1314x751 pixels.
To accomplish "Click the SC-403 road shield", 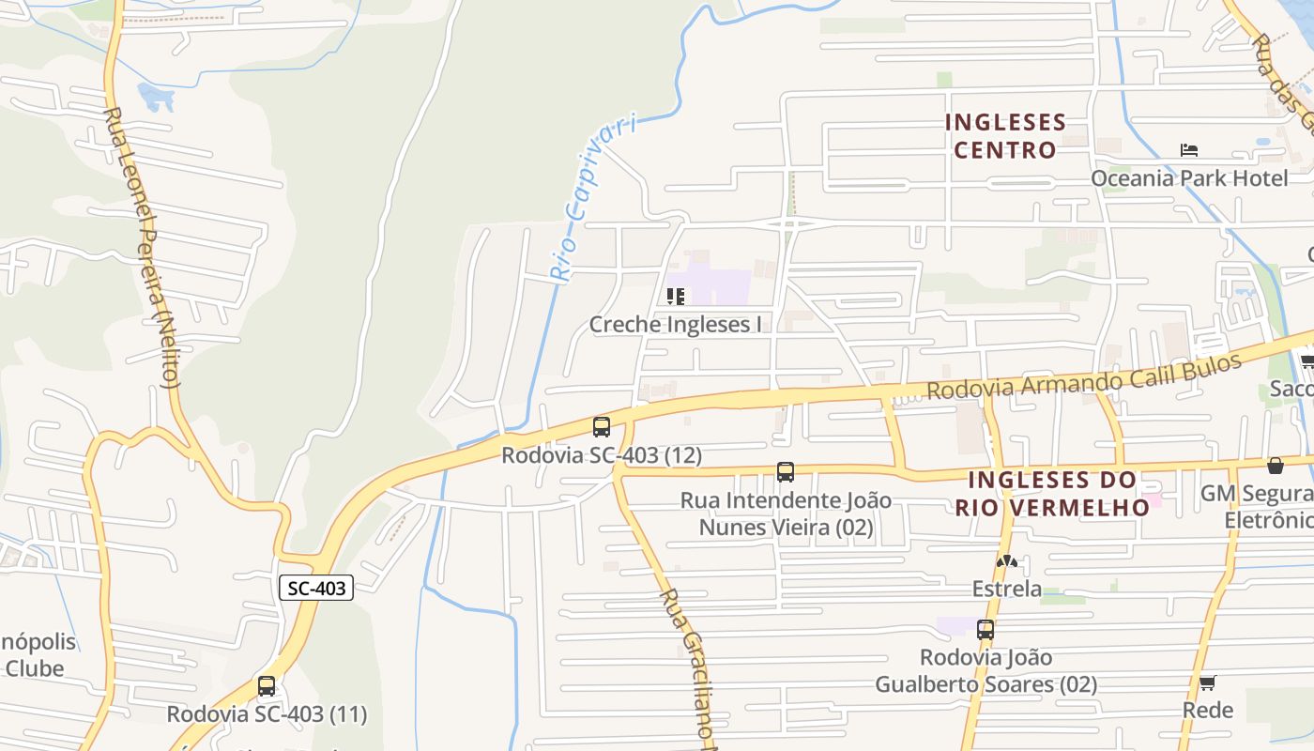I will pos(316,589).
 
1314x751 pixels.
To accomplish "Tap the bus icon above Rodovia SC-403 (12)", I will pos(602,427).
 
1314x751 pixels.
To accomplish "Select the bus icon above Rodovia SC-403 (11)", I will pos(267,686).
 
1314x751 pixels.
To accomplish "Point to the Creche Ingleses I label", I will pos(675,325).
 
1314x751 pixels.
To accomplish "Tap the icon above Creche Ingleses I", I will pos(675,297).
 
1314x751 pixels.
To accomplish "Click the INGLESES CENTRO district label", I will pos(1005,136).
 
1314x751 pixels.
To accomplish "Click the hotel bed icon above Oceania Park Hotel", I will pos(1189,150).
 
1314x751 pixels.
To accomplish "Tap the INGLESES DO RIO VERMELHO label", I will pos(1052,494).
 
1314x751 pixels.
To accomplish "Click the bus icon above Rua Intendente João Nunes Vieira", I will pos(786,472).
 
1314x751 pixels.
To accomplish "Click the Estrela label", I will pos(1007,590).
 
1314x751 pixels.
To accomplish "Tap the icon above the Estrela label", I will pos(1007,562).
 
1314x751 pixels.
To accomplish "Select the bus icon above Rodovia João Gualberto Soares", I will pos(985,630).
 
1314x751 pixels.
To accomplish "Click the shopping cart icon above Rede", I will pos(1208,682).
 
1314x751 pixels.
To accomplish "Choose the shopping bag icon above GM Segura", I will pos(1276,466).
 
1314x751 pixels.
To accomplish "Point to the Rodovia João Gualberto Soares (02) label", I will pos(985,671).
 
